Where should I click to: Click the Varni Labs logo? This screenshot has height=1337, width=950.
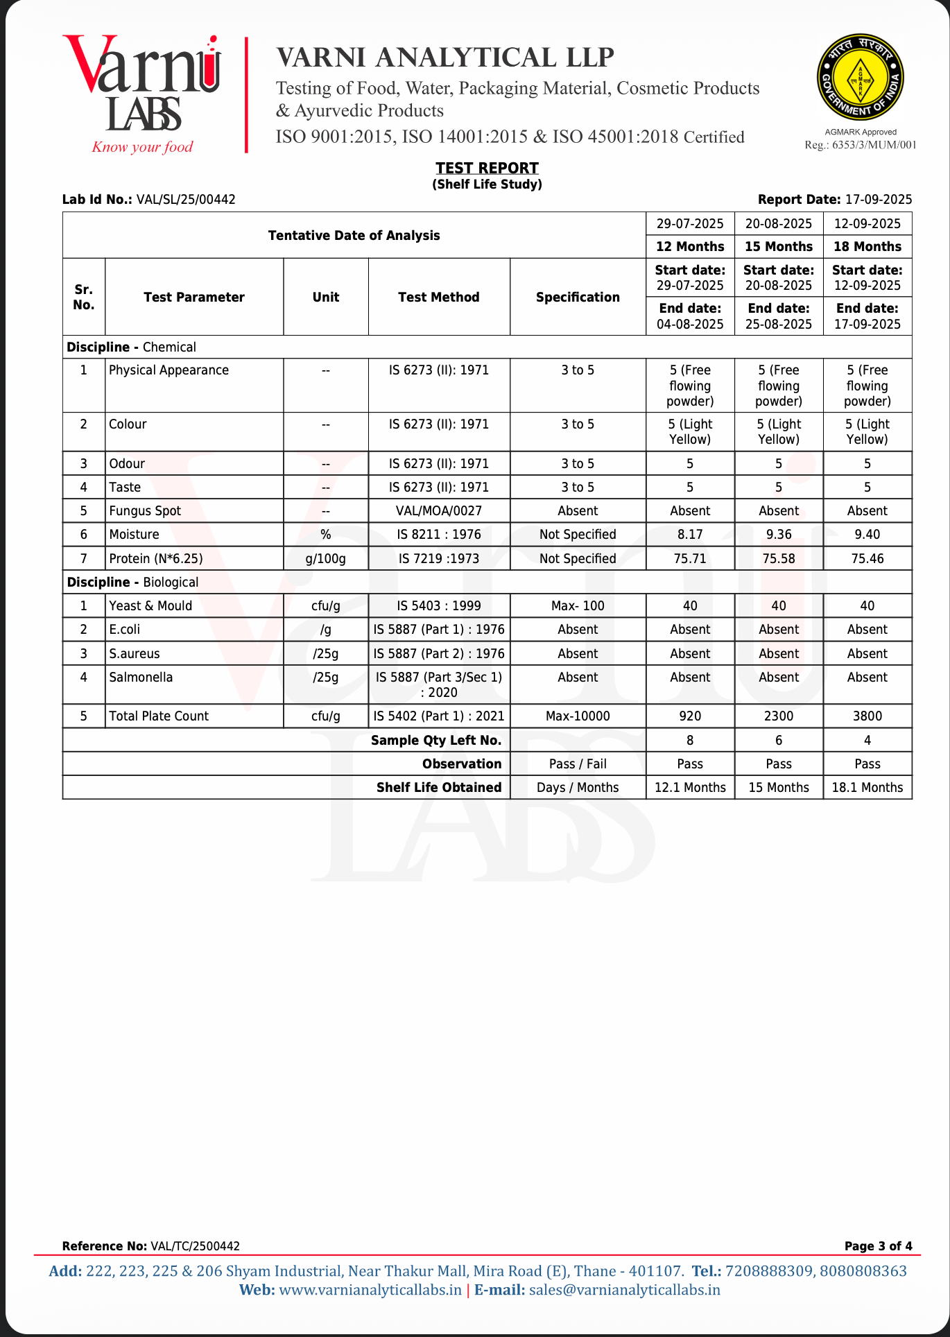tap(142, 94)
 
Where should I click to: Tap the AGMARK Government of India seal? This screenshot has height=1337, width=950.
tap(860, 78)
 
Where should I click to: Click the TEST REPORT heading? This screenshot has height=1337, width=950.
tap(487, 168)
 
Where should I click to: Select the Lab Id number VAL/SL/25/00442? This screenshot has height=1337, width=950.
tap(186, 200)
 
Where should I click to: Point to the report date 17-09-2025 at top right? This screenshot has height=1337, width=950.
tap(878, 200)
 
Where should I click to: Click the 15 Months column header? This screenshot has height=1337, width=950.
tap(778, 246)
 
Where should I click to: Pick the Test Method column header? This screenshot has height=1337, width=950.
tap(438, 297)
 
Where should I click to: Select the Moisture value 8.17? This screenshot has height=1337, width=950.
tap(690, 535)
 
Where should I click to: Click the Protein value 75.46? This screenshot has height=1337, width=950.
tap(867, 559)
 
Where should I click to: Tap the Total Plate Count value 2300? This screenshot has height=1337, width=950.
tap(778, 716)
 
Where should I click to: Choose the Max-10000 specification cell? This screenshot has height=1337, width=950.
tap(578, 716)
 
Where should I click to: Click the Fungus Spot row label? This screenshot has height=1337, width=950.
tap(145, 511)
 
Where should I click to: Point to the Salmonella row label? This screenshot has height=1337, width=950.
tap(141, 678)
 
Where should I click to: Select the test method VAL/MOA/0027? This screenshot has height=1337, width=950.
tap(438, 511)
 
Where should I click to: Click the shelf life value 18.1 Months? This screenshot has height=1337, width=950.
tap(867, 788)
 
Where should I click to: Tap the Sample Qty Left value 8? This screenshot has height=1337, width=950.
tap(690, 741)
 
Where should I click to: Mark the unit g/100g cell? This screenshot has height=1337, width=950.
tap(325, 559)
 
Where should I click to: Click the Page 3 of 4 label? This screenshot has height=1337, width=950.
tap(878, 1246)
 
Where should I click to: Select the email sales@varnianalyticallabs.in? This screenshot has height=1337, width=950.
tap(624, 1290)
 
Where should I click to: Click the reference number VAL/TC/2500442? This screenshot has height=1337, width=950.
tap(195, 1246)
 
